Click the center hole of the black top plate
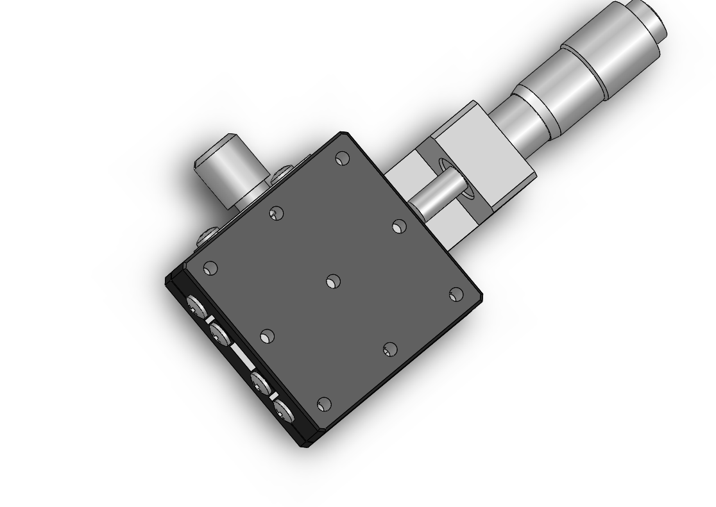[332, 281]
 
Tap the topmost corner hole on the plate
[343, 158]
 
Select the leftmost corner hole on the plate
[210, 268]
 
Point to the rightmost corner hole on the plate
[456, 294]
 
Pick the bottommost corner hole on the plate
[324, 404]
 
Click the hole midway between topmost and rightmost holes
[399, 226]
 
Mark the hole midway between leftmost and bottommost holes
[267, 336]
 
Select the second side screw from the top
[219, 333]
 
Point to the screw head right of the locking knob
[282, 174]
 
